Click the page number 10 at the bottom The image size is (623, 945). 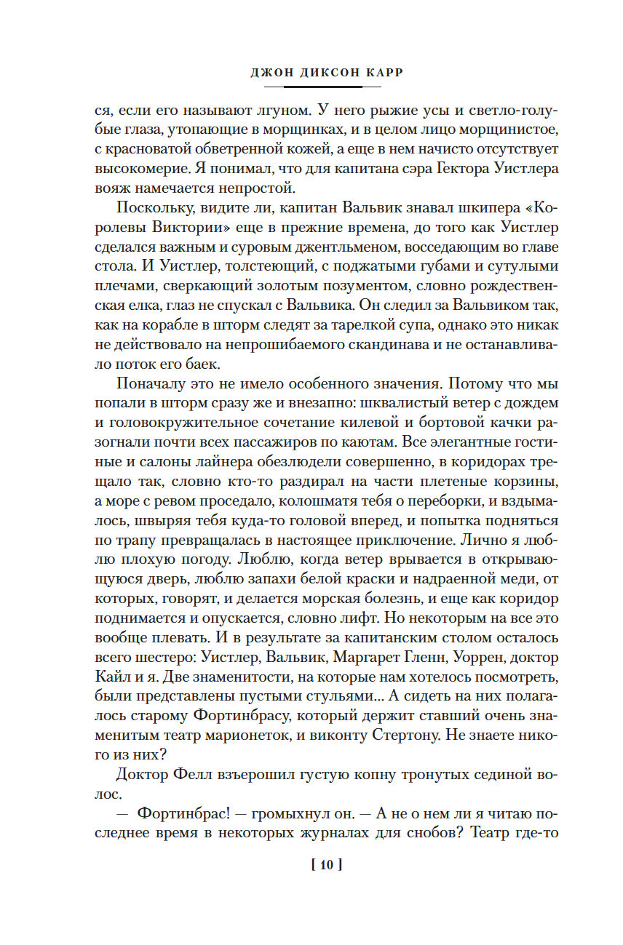point(325,866)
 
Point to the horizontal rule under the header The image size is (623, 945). point(312,87)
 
